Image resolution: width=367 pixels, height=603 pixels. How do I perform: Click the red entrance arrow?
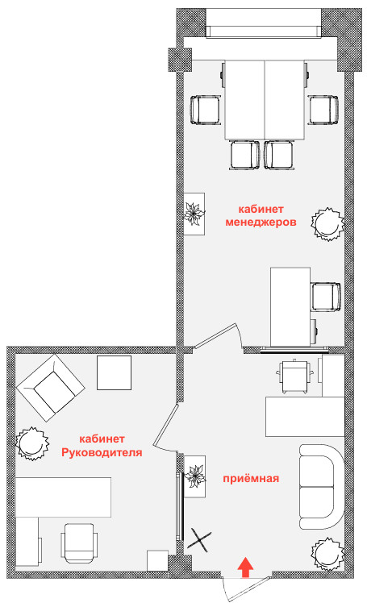245,568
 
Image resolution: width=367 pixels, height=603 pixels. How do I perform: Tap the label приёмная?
251,478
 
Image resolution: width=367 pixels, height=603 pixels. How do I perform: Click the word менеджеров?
261,222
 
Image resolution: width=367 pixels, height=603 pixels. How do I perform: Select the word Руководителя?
102,452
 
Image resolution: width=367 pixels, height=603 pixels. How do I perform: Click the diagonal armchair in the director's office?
50,388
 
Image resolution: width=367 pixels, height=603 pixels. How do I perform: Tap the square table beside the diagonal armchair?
115,372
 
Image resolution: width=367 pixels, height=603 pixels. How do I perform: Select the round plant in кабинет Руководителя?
32,443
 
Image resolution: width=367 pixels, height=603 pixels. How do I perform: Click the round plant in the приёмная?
327,554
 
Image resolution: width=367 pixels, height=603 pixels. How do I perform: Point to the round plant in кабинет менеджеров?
327,224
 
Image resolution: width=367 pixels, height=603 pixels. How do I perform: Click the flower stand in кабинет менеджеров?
194,214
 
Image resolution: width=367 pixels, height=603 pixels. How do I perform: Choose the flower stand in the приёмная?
194,476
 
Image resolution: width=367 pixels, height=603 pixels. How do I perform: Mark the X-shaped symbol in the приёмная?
199,541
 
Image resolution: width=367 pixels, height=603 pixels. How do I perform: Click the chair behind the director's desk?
79,543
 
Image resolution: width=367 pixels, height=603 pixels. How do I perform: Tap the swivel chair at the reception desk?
295,376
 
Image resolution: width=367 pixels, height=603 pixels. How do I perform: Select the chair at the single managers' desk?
326,297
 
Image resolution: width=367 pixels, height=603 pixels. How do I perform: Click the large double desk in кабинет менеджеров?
265,100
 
